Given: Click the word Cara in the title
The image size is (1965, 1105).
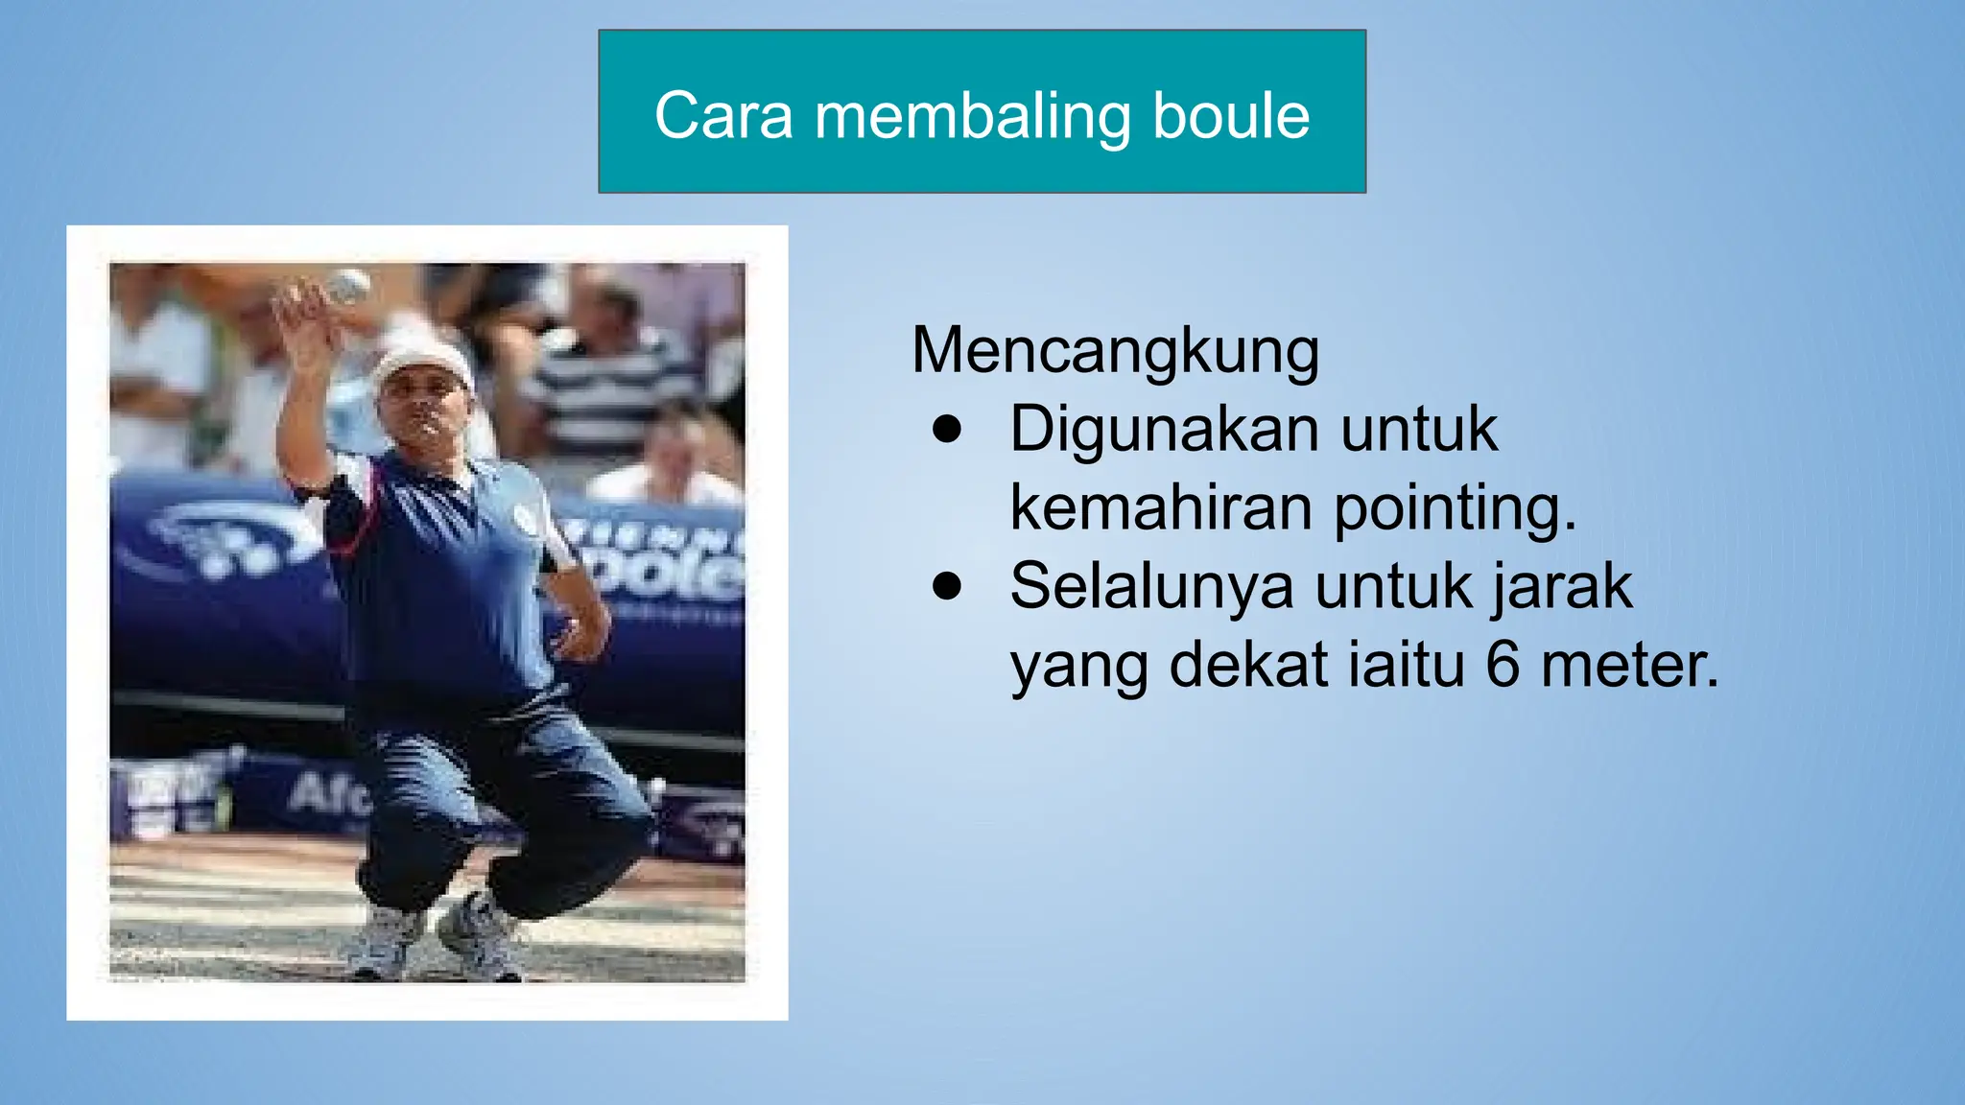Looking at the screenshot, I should coord(724,116).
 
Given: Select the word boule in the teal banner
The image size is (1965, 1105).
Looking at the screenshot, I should coord(1231,116).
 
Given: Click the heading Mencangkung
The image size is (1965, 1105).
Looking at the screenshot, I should coord(1115,351).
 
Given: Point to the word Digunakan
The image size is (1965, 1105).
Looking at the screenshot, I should coord(1164,430).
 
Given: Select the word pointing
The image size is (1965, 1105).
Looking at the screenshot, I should coord(1455,508).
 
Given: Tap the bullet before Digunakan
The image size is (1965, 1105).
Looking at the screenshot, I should coord(946,431).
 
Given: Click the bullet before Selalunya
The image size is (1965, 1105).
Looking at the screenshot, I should coord(946,587).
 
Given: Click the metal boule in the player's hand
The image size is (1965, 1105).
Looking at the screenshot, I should coord(349,286).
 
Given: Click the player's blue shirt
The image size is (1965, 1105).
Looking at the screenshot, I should coord(441,576).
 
